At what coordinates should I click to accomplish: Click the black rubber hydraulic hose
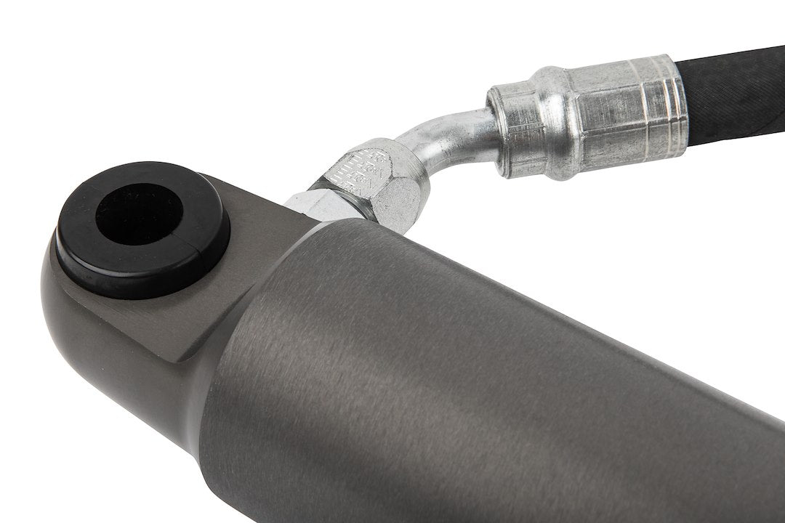pos(734,94)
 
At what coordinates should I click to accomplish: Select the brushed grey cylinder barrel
pos(472,378)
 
